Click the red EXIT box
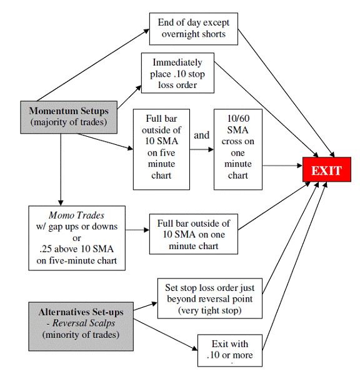pyautogui.click(x=326, y=170)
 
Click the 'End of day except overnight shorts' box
pyautogui.click(x=194, y=28)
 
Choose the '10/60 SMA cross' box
pyautogui.click(x=237, y=149)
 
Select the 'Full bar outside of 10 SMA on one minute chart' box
pyautogui.click(x=194, y=234)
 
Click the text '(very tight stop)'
pyautogui.click(x=209, y=310)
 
